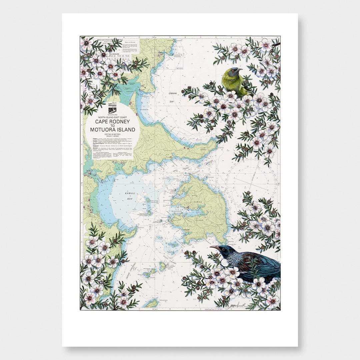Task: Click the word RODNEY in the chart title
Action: point(121,122)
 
